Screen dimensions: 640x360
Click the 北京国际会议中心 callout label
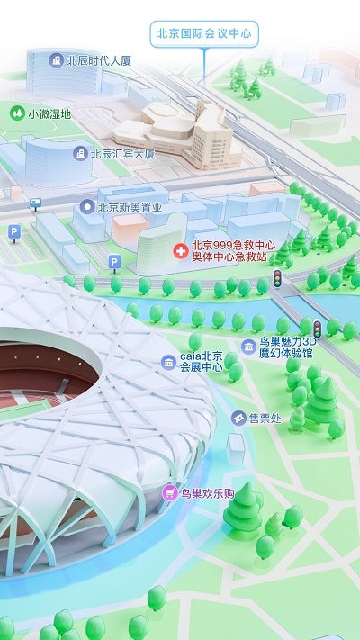point(204,34)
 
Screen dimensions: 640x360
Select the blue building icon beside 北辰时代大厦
point(57,60)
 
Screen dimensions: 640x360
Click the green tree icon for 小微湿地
point(15,113)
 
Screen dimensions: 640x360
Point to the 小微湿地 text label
point(49,114)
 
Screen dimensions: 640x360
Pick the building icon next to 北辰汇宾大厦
point(81,154)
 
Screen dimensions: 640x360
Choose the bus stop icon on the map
point(35,202)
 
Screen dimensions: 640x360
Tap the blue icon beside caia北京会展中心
point(168,362)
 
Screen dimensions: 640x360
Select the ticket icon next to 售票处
point(238,418)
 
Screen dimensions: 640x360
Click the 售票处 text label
point(266,418)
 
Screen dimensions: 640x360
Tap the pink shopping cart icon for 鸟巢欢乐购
point(168,493)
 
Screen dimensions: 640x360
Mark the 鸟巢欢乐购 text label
point(208,493)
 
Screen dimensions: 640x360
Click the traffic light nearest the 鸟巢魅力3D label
point(317,328)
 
